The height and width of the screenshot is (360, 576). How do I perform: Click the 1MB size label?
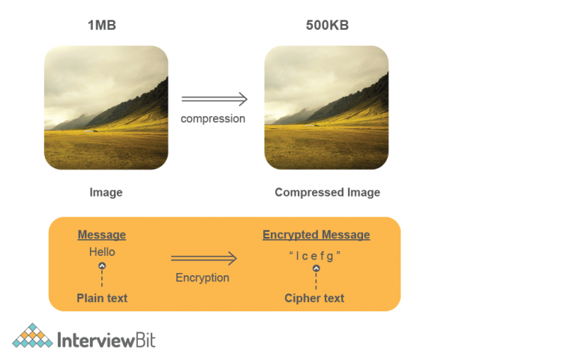101,25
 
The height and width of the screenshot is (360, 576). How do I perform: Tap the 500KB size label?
327,25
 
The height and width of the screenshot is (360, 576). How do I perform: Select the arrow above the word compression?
214,99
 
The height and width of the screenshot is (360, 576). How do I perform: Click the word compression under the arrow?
213,118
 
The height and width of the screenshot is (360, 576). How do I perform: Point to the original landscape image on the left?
106,107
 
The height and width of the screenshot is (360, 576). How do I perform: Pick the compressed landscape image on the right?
326,107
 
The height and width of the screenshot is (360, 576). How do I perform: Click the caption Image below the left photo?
106,193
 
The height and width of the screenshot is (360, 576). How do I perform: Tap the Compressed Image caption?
327,193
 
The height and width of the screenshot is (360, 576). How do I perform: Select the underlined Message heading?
102,235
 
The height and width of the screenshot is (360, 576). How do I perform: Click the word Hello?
102,252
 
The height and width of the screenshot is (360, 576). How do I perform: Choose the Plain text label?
102,298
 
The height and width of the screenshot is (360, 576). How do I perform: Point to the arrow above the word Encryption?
203,259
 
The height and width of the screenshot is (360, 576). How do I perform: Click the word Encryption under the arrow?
202,277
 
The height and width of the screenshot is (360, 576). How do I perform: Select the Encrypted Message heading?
316,235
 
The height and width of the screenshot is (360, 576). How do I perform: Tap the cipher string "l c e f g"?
315,255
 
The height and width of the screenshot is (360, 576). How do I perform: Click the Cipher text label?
314,298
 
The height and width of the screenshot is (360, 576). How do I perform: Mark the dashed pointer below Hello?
102,275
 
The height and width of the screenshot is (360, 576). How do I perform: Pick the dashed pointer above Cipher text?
316,277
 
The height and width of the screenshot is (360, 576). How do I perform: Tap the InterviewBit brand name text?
106,339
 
